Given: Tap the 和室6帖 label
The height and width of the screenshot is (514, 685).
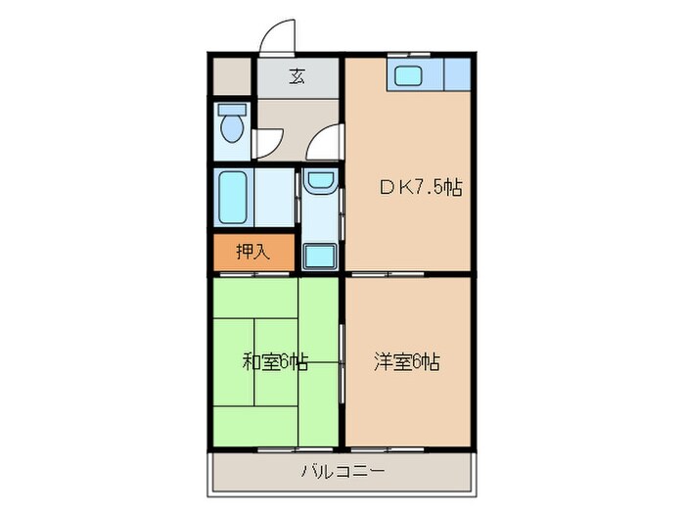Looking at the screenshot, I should (x=275, y=362).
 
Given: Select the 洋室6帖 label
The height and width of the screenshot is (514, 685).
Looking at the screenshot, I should (x=406, y=362).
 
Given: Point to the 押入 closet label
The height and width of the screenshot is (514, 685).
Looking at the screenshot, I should (x=252, y=252).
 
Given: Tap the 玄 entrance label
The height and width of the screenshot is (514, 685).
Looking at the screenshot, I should (x=296, y=77).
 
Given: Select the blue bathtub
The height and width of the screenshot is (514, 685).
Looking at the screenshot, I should (x=233, y=198).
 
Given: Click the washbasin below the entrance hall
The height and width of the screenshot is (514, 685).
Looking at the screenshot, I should (x=319, y=180).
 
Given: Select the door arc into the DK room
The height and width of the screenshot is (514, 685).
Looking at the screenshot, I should (x=323, y=144).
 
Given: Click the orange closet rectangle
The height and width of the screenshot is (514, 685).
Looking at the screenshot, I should (x=252, y=253).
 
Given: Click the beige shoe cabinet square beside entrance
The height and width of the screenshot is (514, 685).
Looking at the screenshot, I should (x=233, y=76).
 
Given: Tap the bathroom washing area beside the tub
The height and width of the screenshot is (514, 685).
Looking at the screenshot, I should (x=276, y=198).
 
